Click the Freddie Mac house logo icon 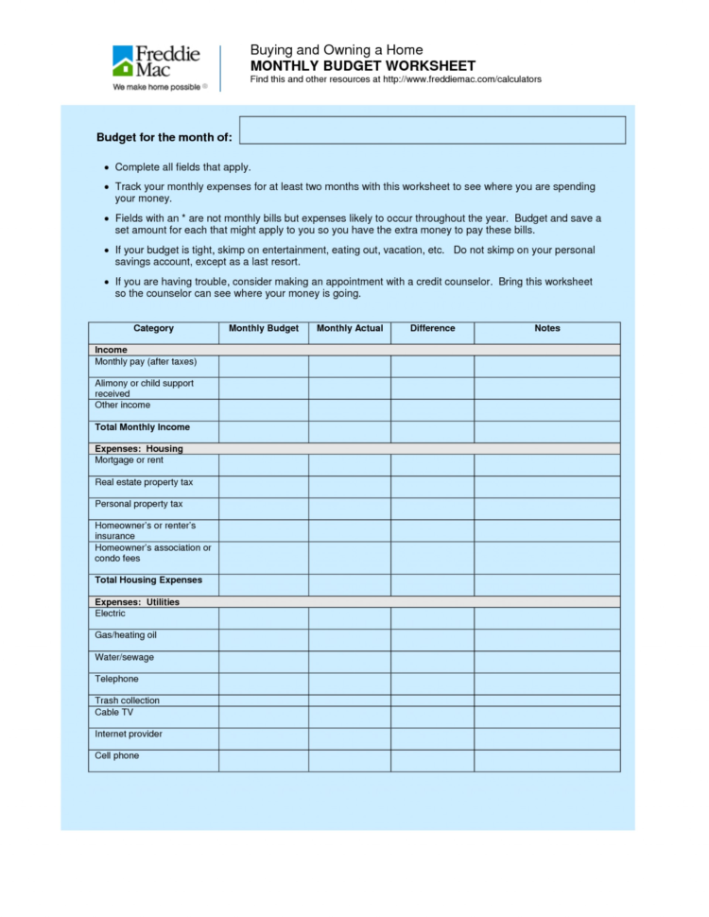click(x=124, y=61)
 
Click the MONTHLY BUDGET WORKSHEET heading click(x=362, y=66)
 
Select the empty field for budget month click(x=432, y=130)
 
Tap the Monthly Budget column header click(x=264, y=329)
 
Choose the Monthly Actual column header click(x=350, y=329)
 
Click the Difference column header click(x=432, y=329)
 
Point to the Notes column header click(x=546, y=329)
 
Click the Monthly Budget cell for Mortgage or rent click(x=264, y=464)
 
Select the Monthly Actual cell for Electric click(x=350, y=617)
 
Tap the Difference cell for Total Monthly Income click(x=432, y=431)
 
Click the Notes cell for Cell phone click(x=546, y=760)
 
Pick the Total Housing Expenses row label click(x=148, y=580)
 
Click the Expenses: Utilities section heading click(x=137, y=602)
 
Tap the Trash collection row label click(x=127, y=701)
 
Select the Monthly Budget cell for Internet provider click(x=264, y=738)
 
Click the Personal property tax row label click(x=139, y=504)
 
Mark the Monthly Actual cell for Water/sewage click(x=350, y=661)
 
